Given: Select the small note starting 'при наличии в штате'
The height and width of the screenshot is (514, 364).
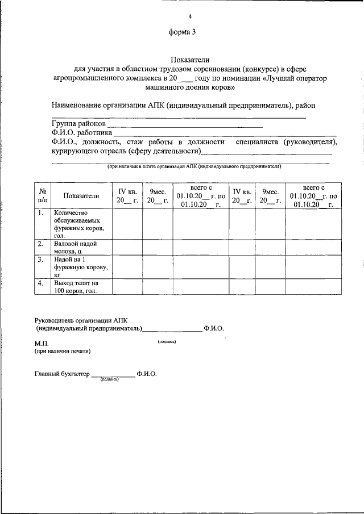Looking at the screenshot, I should pos(195,166).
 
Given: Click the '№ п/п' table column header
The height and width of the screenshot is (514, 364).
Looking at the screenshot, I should pos(42,196).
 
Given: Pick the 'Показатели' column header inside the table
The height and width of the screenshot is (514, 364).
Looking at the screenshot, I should pos(81,196).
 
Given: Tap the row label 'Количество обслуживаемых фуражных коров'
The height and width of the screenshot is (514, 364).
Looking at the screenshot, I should pos(78,224).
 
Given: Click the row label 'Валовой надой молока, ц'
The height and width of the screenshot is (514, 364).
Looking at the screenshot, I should pos(75,247).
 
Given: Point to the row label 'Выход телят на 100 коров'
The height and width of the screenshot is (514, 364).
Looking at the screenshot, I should pos(76,286).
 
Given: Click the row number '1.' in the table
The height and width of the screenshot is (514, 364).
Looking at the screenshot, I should pos(40,214).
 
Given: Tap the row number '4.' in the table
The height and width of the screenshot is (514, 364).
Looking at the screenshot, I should pos(40,283).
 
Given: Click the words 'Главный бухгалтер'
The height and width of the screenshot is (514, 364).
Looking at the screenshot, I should pos(62,374).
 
